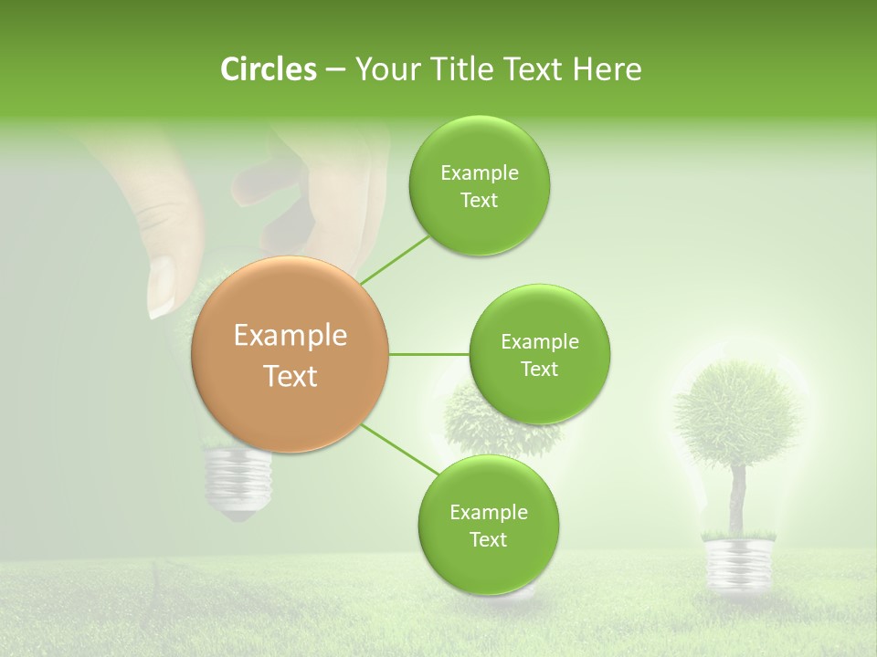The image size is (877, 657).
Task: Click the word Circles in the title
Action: [x=268, y=69]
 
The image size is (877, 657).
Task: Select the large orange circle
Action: [x=291, y=354]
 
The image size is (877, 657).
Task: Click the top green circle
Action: [x=479, y=186]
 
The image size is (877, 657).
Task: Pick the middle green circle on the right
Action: [x=539, y=355]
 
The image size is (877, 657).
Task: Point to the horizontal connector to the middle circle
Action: [x=428, y=354]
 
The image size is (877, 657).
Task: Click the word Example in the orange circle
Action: [x=291, y=336]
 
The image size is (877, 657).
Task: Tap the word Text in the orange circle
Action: [x=291, y=376]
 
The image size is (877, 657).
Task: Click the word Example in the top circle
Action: [x=479, y=173]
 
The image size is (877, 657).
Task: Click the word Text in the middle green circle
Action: [x=539, y=369]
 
